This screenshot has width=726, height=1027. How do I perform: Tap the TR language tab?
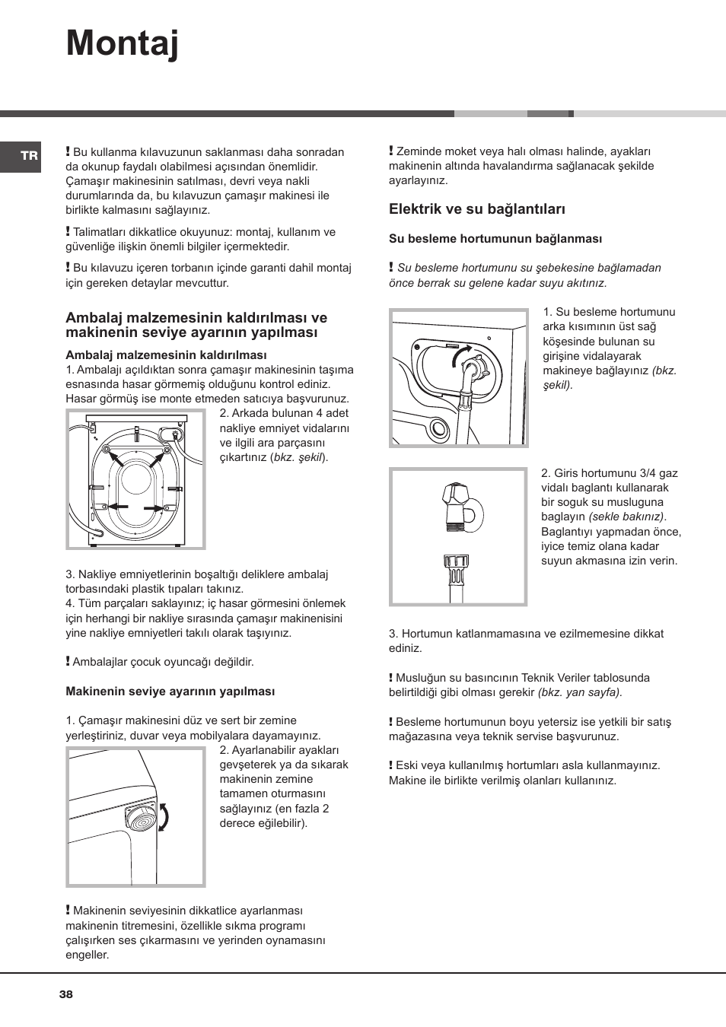(29, 156)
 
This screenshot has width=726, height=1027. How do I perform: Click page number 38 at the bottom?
(66, 994)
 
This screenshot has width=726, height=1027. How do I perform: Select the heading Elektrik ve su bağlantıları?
(477, 209)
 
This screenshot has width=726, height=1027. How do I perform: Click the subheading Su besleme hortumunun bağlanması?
(495, 239)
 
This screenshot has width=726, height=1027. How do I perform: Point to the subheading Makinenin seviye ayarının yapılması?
(170, 692)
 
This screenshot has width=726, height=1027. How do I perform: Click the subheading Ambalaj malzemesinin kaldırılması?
(166, 355)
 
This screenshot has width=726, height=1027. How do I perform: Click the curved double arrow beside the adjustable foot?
(163, 817)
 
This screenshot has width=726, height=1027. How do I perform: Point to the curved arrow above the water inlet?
(461, 353)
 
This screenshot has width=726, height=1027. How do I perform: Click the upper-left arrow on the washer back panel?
(116, 459)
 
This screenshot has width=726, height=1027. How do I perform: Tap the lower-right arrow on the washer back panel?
(154, 508)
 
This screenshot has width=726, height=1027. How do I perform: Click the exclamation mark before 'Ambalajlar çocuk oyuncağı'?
(68, 662)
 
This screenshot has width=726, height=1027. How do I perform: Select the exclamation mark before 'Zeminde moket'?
(391, 151)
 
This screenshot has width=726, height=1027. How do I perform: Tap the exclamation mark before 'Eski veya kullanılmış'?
(391, 765)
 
